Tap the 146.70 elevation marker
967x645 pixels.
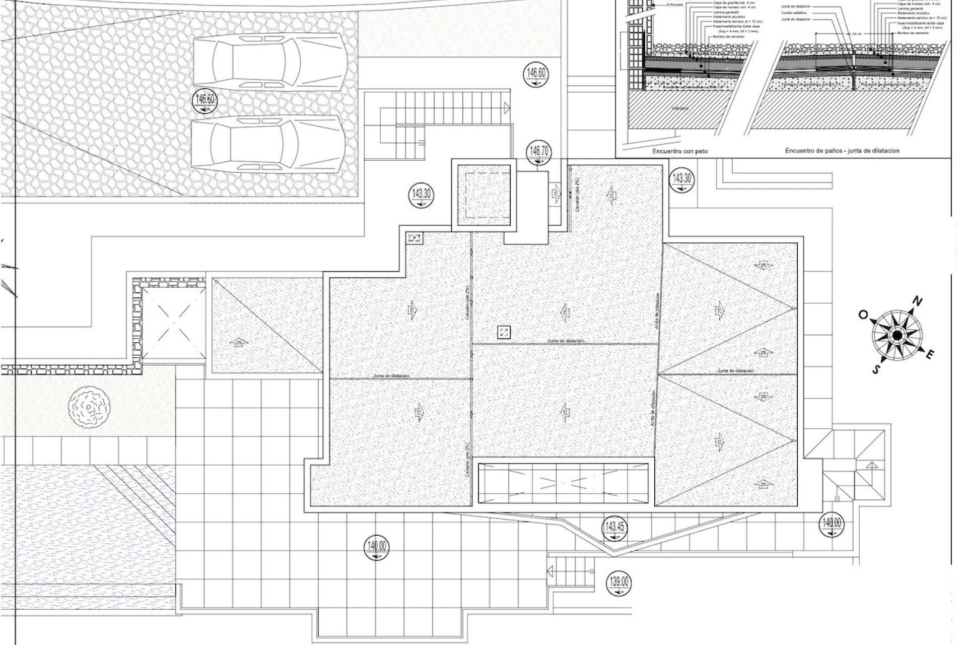[538, 153]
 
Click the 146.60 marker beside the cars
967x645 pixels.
[205, 102]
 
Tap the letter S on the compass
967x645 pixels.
[876, 369]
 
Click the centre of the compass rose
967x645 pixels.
[897, 335]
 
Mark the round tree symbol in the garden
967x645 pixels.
[90, 407]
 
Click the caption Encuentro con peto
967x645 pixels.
[680, 151]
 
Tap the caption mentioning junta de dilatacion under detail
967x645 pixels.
[842, 151]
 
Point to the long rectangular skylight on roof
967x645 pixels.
[563, 483]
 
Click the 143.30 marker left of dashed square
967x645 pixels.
[421, 196]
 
